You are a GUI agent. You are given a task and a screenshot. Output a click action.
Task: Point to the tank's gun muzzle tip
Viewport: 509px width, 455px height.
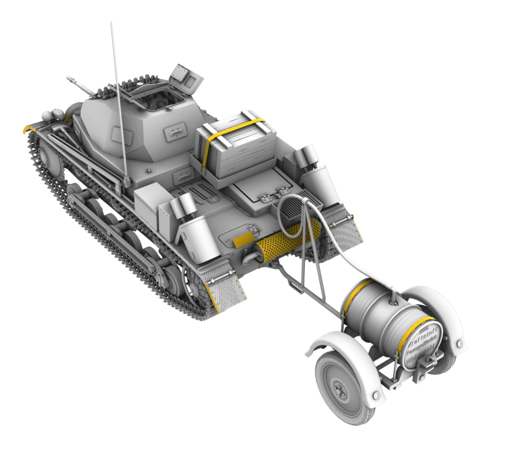[x=69, y=78]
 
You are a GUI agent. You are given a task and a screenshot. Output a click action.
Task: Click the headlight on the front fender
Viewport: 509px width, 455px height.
[x=47, y=115]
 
